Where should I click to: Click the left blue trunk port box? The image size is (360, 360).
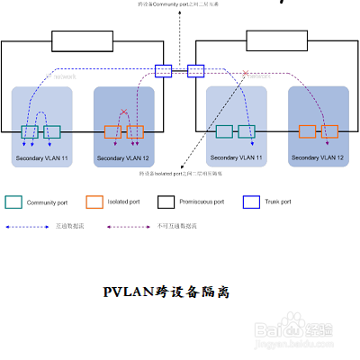point(163,69)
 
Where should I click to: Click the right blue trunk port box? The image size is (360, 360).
point(196,69)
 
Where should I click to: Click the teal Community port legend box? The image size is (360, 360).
point(13,202)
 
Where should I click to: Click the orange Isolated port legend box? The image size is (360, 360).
point(94,202)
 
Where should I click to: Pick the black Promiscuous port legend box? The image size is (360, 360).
point(171,202)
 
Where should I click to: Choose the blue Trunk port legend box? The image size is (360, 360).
point(251,202)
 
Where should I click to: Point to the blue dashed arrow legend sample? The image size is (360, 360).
point(26,226)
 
